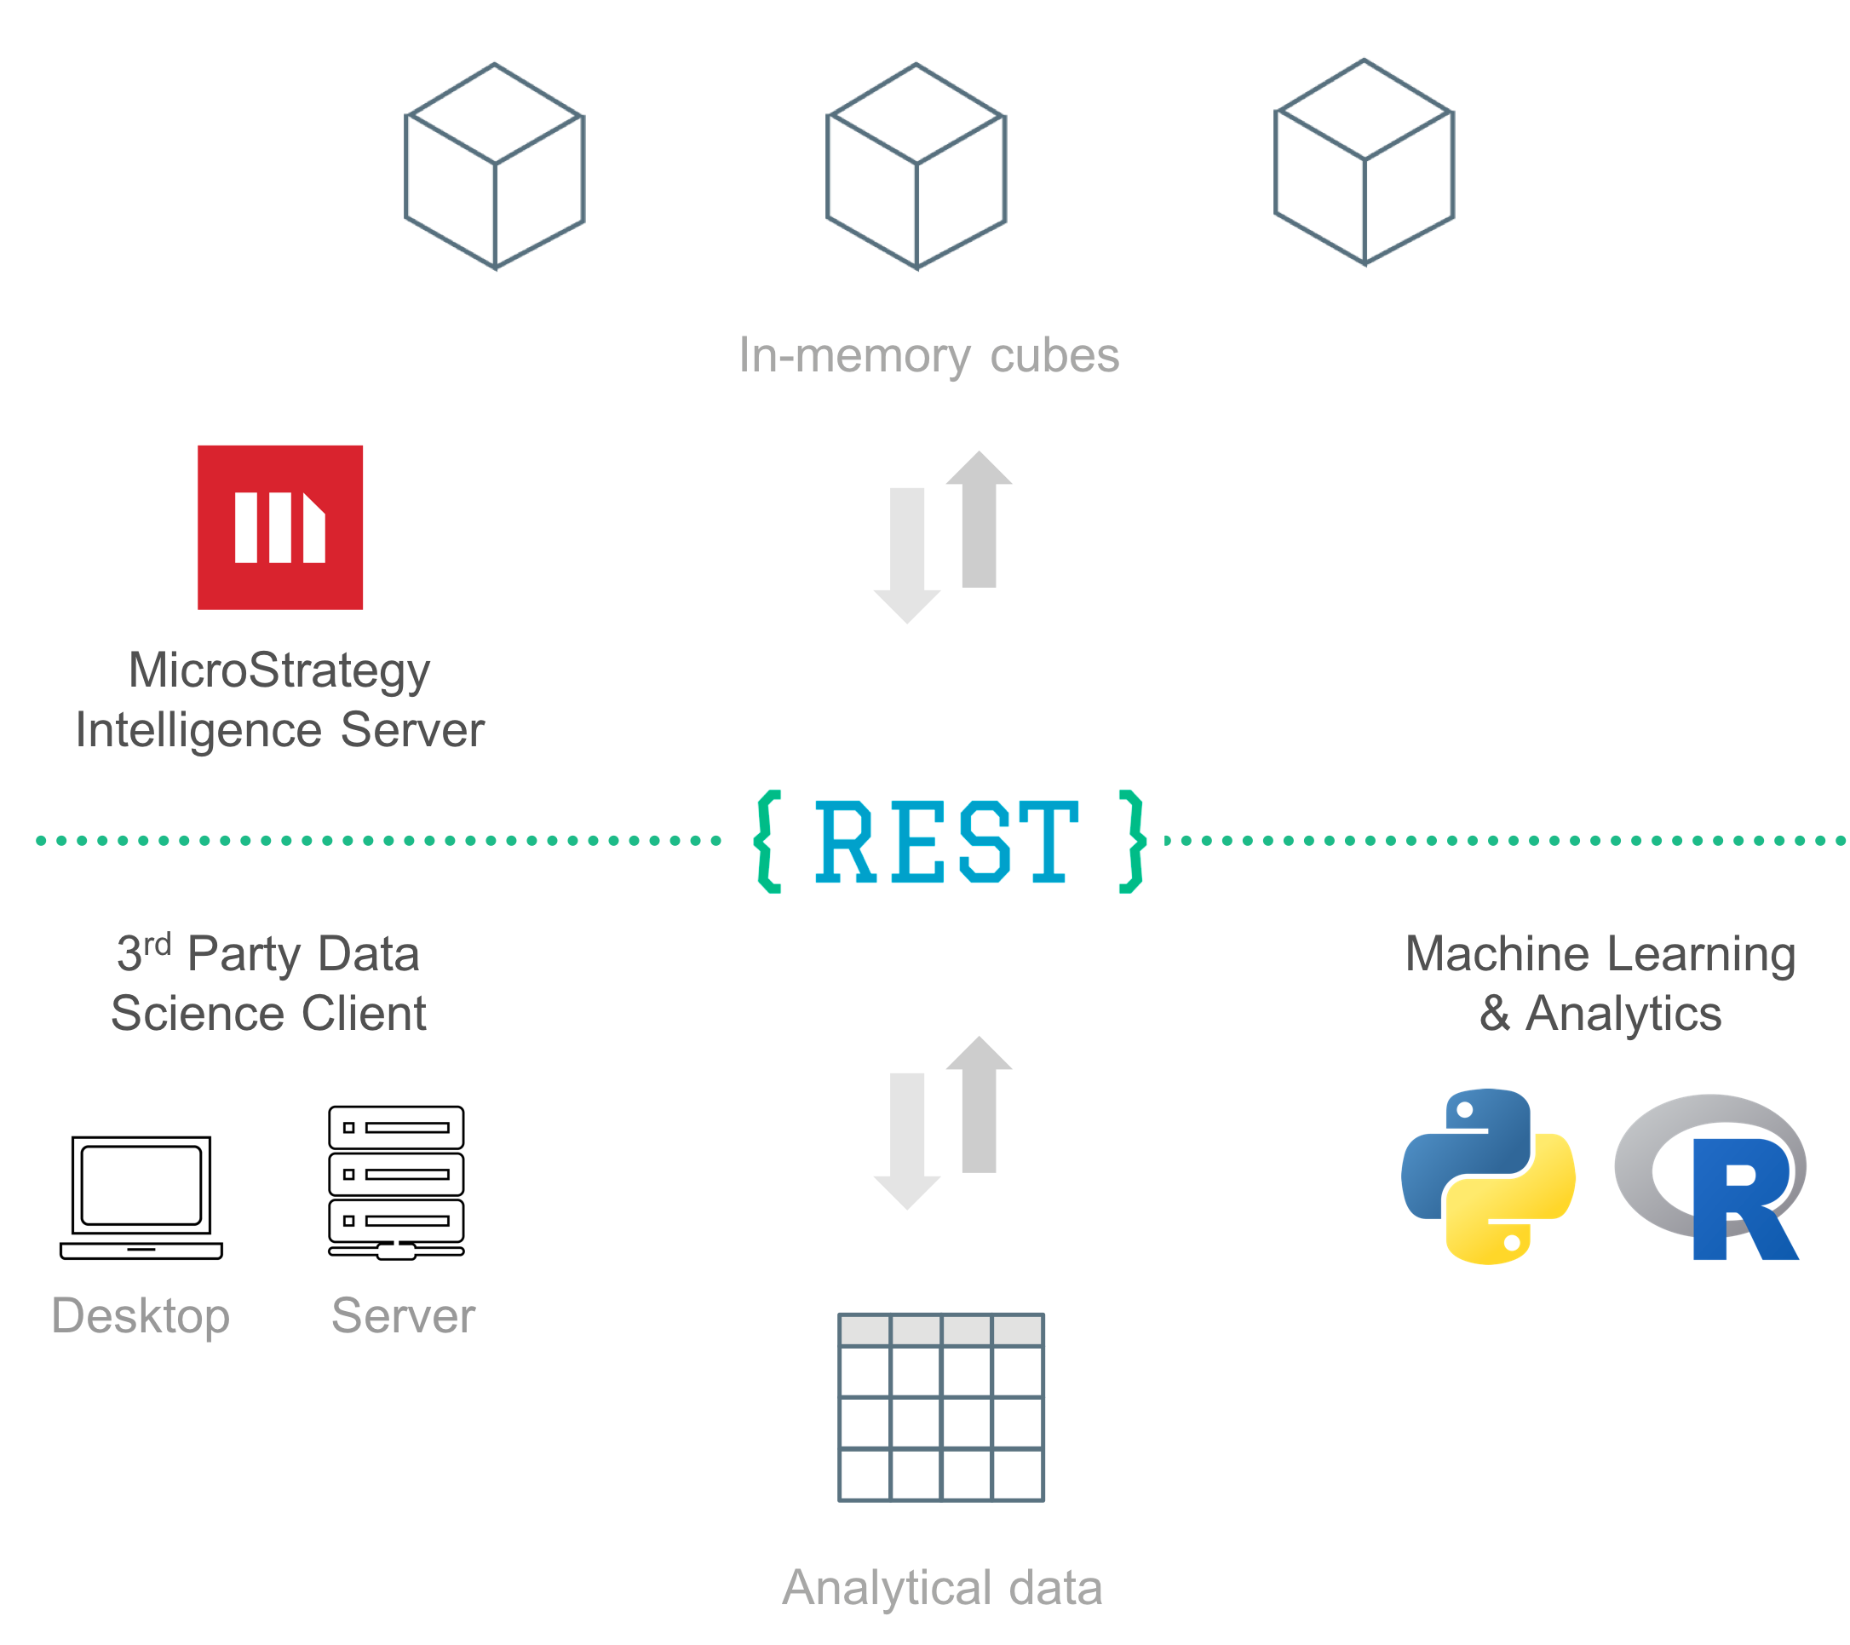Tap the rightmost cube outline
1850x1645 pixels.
[1364, 163]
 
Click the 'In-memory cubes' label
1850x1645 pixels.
[928, 356]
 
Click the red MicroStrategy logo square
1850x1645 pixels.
[280, 527]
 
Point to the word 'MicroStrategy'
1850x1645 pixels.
[279, 670]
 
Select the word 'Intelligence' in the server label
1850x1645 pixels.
[198, 730]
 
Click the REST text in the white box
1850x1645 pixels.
[947, 842]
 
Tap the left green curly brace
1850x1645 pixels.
[767, 842]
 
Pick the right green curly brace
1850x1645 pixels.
[1132, 842]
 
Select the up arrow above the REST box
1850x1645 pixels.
[979, 520]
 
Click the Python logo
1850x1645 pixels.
[1488, 1176]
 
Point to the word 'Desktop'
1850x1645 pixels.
[141, 1316]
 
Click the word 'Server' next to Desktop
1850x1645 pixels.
[403, 1316]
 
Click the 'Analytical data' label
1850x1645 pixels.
[941, 1587]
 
